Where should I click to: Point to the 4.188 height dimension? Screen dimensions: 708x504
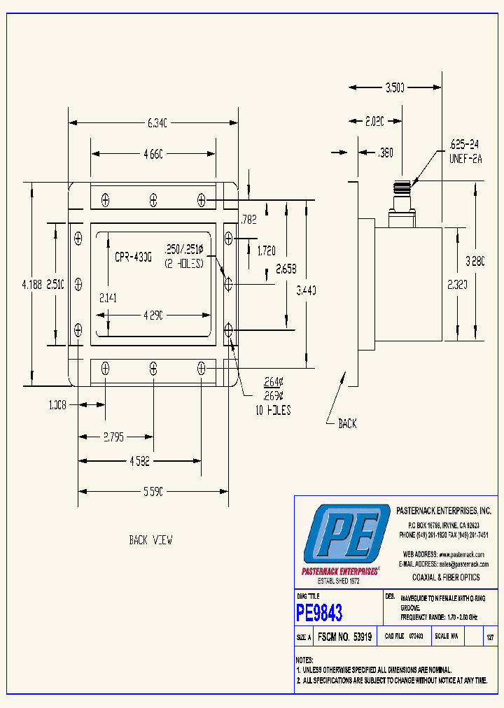[x=31, y=284]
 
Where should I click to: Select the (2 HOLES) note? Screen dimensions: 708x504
[x=183, y=264]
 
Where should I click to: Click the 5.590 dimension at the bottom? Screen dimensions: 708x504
[x=153, y=492]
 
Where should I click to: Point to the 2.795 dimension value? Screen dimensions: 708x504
[x=113, y=437]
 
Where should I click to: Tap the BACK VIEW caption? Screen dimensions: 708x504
[x=150, y=540]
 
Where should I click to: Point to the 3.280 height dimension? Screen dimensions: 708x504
[x=475, y=261]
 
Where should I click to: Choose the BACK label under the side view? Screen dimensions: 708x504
[x=347, y=423]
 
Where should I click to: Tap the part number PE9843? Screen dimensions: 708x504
[x=319, y=614]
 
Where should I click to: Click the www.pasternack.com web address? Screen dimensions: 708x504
[x=462, y=554]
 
